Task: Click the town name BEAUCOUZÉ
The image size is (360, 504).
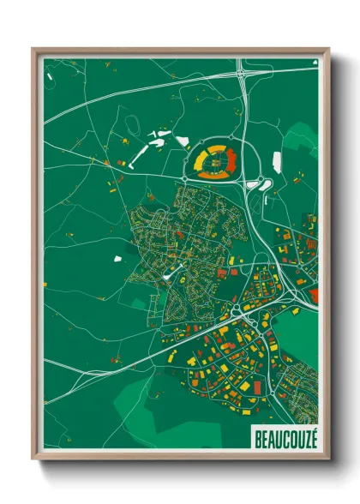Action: tap(285, 438)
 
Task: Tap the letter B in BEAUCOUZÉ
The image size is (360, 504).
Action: tap(258, 438)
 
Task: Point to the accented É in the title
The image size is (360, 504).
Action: tap(314, 437)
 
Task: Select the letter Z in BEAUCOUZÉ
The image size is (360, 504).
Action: tap(306, 438)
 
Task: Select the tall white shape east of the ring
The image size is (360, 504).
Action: tap(277, 161)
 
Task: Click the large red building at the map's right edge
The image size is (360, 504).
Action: tap(314, 296)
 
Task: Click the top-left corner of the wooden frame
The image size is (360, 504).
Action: tap(33, 50)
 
